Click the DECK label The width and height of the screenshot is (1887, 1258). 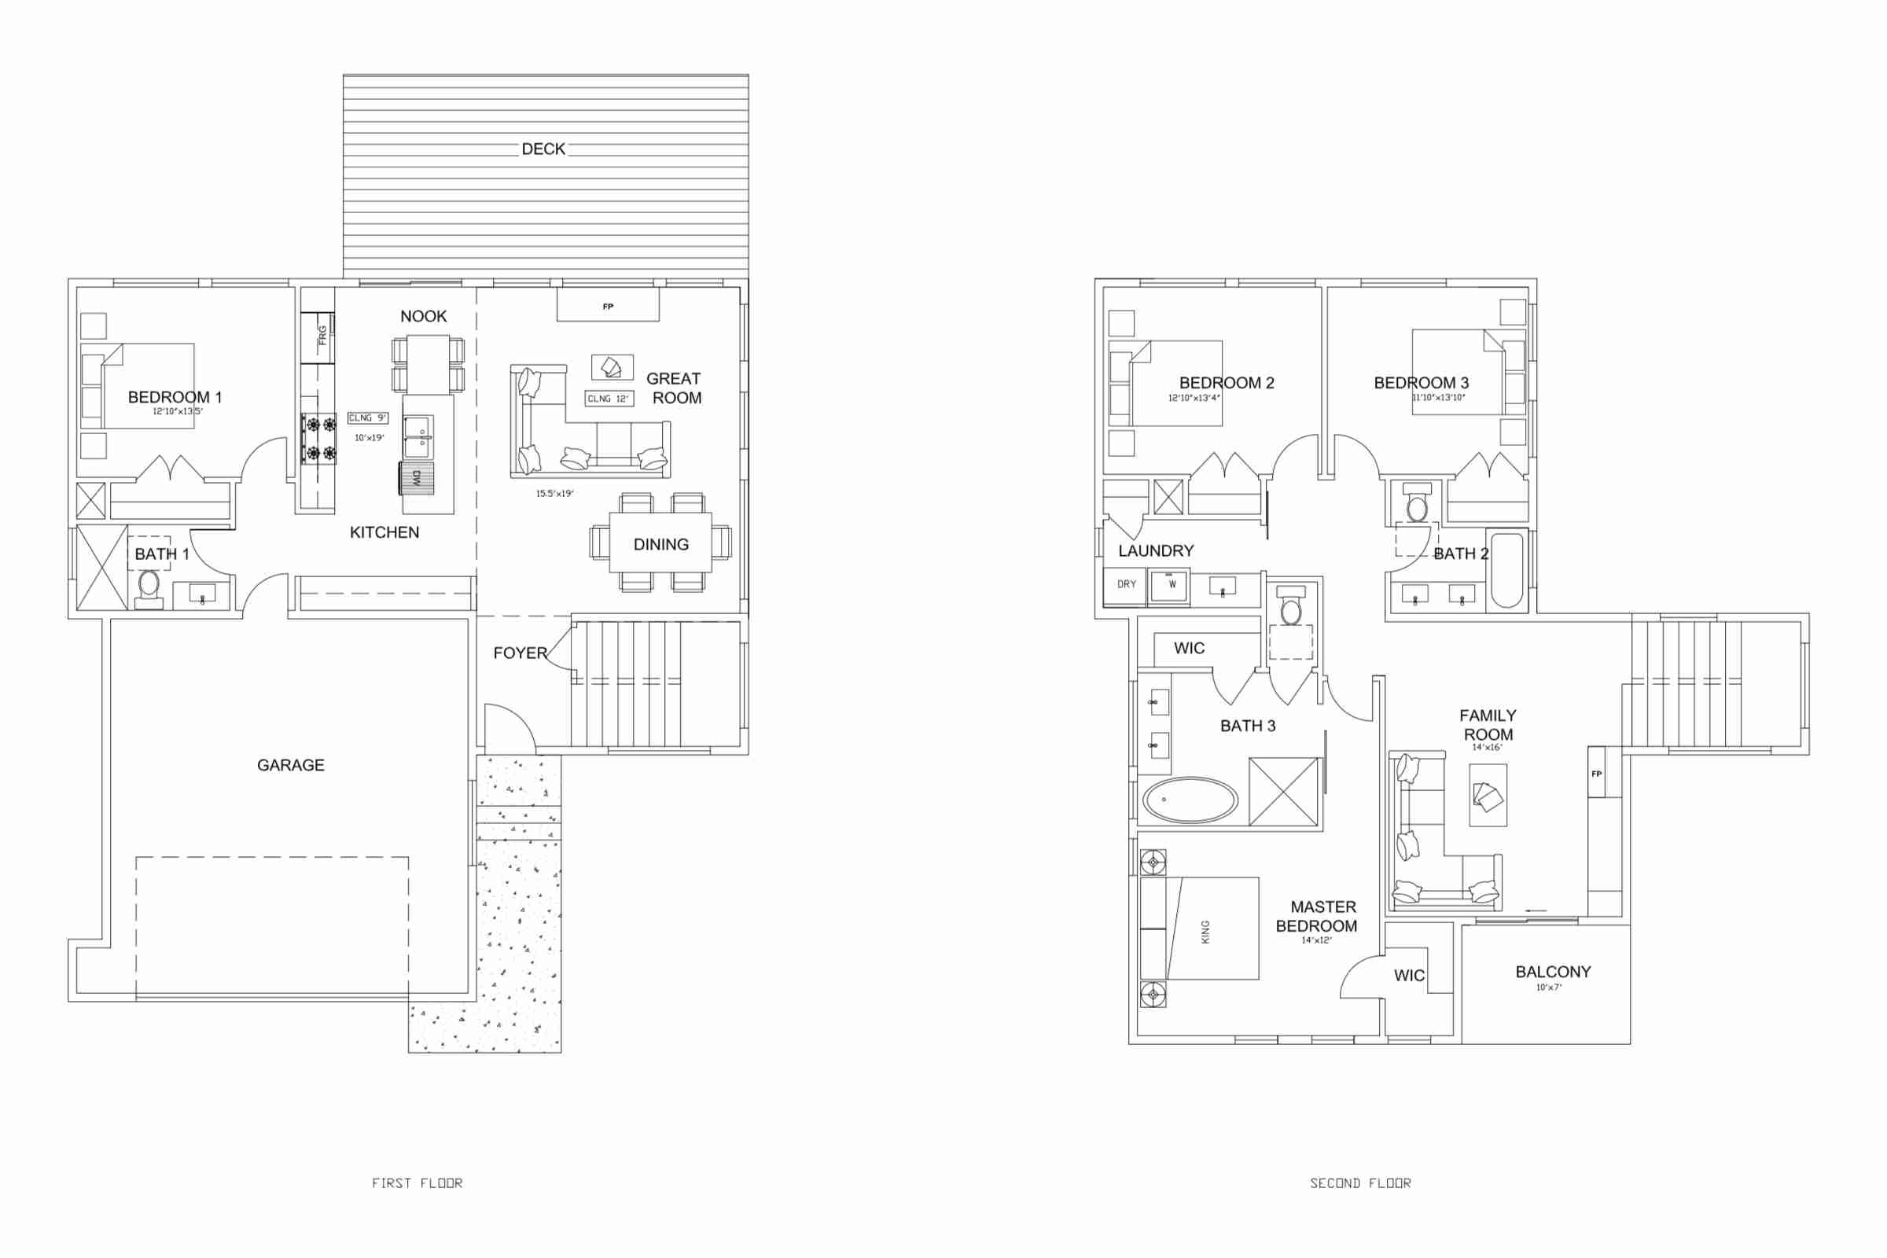click(x=543, y=149)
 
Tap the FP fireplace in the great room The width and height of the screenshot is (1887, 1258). click(x=608, y=305)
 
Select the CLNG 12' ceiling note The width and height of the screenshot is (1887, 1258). click(x=608, y=399)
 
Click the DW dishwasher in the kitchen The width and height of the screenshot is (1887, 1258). click(x=417, y=478)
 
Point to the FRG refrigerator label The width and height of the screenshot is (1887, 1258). click(x=322, y=336)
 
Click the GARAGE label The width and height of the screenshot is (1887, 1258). click(x=290, y=765)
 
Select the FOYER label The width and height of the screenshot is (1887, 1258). click(x=520, y=653)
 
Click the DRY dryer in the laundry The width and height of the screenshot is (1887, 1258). click(x=1126, y=585)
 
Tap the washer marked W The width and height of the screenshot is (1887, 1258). click(x=1169, y=585)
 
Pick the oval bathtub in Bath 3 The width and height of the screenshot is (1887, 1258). click(x=1190, y=800)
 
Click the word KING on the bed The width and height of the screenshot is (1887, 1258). click(x=1205, y=932)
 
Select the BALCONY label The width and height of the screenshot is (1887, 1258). click(x=1554, y=973)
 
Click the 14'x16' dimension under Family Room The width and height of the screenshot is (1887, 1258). click(x=1487, y=748)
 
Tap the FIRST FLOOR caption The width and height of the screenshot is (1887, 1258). click(x=417, y=1183)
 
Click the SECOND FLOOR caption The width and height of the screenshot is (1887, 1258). click(x=1361, y=1183)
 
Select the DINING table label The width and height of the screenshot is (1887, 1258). click(x=661, y=545)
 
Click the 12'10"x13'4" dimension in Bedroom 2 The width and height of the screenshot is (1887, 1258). click(x=1193, y=398)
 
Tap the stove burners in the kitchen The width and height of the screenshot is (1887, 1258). click(x=319, y=438)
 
